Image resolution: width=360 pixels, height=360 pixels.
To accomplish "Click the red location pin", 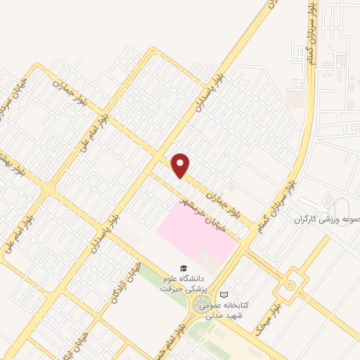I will tap(181, 165).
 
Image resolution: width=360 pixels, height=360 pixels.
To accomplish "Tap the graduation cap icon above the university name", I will tap(183, 268).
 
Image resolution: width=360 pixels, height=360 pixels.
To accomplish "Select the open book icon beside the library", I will tap(224, 295).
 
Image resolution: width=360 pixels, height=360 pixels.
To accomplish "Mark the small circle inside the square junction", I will tap(290, 285).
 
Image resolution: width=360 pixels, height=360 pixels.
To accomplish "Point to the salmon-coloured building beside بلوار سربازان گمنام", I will tap(296, 99).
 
